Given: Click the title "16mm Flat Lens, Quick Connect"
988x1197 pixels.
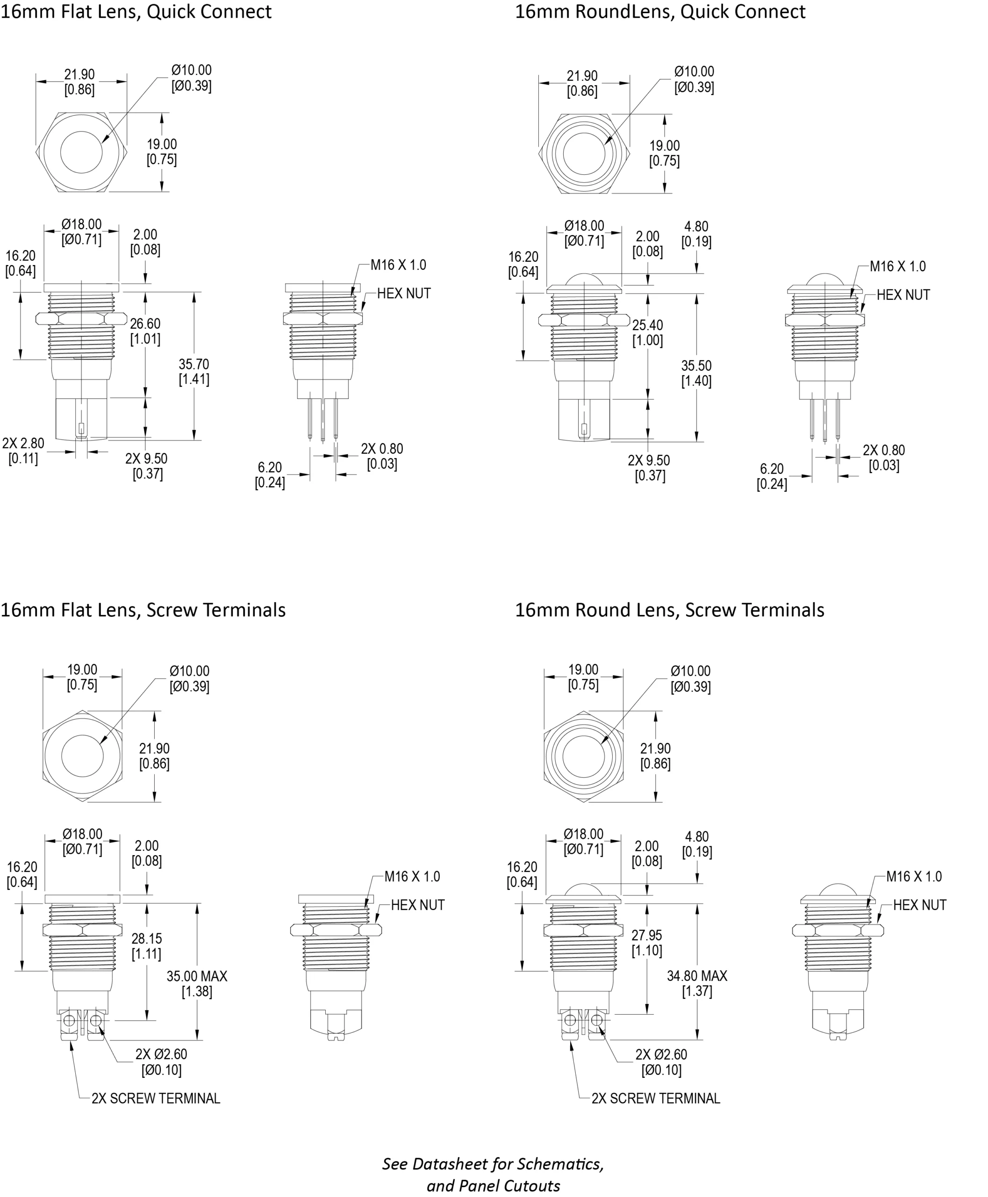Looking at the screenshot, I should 136,11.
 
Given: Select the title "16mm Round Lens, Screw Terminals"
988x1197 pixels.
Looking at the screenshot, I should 669,610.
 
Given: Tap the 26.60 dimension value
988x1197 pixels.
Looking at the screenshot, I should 145,324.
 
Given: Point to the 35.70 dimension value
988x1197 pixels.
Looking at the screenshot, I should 193,364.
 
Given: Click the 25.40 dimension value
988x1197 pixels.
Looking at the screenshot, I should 648,325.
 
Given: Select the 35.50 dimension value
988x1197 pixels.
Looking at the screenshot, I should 696,366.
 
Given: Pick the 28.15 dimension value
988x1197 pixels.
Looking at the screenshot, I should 146,938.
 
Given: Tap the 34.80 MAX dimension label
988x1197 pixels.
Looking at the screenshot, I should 697,975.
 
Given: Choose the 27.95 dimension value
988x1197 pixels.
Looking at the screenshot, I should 647,935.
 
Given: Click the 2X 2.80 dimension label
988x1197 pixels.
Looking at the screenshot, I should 23,443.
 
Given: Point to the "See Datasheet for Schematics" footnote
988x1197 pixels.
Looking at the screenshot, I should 493,1164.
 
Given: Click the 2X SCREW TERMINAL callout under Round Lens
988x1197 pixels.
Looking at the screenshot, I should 656,1098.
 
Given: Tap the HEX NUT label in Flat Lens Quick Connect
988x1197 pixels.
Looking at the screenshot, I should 403,293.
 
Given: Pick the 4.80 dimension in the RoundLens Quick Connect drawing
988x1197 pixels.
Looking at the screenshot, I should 696,227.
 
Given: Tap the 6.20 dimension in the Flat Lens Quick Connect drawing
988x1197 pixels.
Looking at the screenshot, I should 270,468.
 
